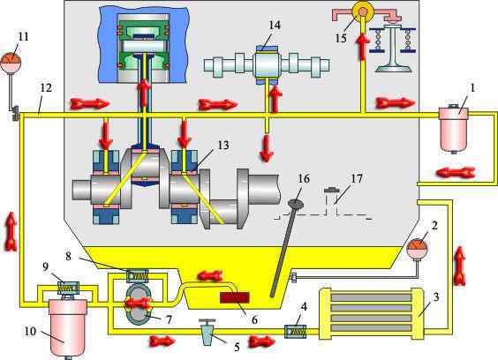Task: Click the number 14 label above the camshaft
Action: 275,25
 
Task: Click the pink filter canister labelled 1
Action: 454,130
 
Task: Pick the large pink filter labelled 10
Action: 68,327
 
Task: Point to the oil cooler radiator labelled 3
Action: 371,313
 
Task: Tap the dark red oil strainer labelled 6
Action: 235,298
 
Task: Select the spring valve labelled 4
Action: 296,332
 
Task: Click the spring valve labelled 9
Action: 68,289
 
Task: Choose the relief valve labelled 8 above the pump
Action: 138,276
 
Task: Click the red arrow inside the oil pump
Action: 138,304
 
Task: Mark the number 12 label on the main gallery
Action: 46,88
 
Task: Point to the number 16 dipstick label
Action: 304,179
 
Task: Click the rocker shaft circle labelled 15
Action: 363,11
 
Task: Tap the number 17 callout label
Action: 356,179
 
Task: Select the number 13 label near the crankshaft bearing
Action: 223,146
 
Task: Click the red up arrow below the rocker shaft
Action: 363,47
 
